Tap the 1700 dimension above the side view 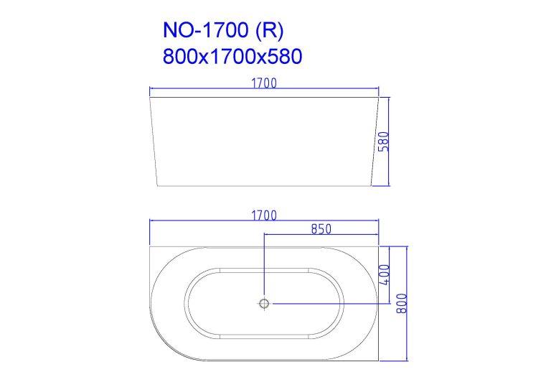pyautogui.click(x=264, y=83)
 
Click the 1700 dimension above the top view pyautogui.click(x=263, y=215)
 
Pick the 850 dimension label pyautogui.click(x=320, y=229)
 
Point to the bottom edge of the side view pyautogui.click(x=263, y=187)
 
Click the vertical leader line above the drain pyautogui.click(x=265, y=266)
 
